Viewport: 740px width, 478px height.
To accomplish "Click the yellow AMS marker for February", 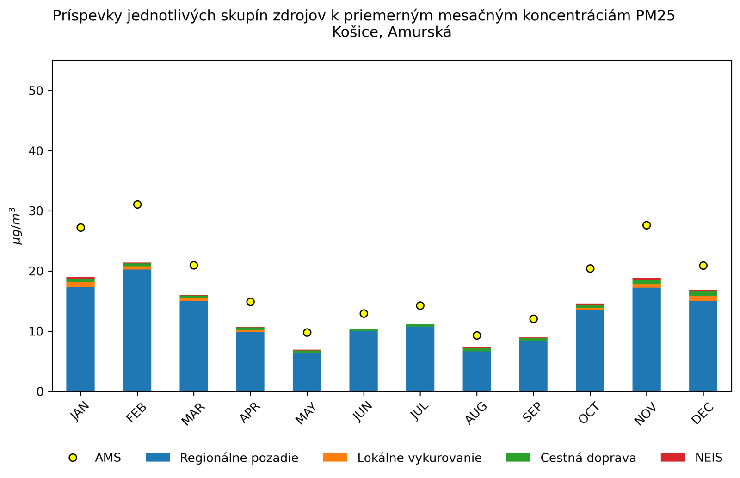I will click(x=137, y=205).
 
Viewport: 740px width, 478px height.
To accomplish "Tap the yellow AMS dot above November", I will click(x=647, y=225).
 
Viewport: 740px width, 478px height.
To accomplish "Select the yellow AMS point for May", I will click(x=307, y=333).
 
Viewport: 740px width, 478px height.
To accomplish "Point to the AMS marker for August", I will click(x=477, y=335).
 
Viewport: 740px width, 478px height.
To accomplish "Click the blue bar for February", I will click(x=137, y=330).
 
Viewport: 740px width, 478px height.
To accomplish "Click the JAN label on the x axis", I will click(x=80, y=412).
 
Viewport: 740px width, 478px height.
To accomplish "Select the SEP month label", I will click(x=532, y=412).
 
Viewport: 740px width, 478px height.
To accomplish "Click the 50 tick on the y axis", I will click(x=36, y=91).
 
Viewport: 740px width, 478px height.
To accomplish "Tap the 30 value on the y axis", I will click(x=36, y=211).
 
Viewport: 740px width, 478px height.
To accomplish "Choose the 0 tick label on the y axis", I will click(x=40, y=392).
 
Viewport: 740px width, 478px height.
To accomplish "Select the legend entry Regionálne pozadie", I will click(x=239, y=458).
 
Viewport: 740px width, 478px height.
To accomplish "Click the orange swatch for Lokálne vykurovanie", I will click(x=335, y=458).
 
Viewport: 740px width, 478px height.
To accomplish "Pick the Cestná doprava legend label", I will click(x=588, y=458).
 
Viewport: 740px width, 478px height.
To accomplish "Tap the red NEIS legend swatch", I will click(x=672, y=458).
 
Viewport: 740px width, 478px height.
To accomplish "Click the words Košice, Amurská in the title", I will click(x=391, y=32).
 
